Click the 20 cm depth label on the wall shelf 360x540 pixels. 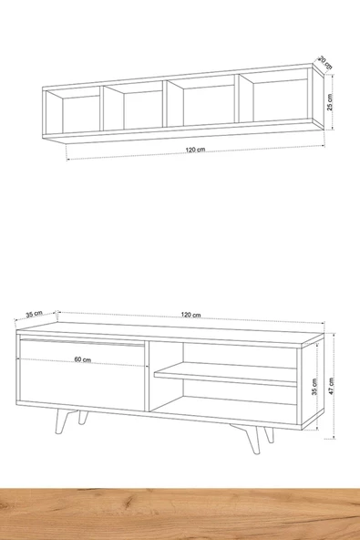(x=325, y=62)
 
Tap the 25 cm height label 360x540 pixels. (x=330, y=102)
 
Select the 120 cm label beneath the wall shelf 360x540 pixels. (x=195, y=150)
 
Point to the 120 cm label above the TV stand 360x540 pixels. (x=191, y=315)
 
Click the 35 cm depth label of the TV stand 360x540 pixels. (x=34, y=314)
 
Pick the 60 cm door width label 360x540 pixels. (x=83, y=359)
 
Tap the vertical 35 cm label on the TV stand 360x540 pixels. (x=314, y=387)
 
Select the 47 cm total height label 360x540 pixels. (x=331, y=386)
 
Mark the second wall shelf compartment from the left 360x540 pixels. (x=134, y=106)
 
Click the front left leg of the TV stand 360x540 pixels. (x=62, y=421)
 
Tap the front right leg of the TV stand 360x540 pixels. (x=252, y=439)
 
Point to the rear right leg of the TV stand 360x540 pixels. (x=269, y=434)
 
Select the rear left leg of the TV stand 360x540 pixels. (x=83, y=418)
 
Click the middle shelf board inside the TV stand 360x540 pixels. (x=225, y=374)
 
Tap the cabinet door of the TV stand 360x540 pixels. (x=82, y=374)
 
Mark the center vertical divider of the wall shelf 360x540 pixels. (x=166, y=103)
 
